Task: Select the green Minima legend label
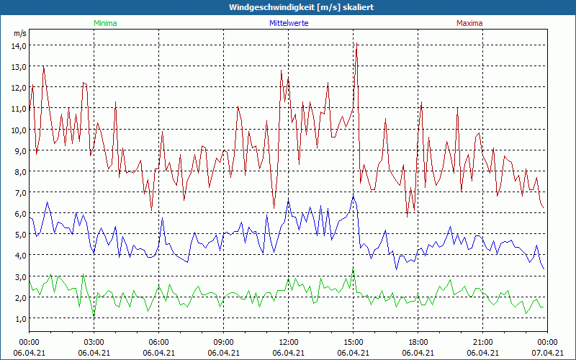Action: pyautogui.click(x=104, y=23)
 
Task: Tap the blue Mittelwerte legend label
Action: pyautogui.click(x=289, y=23)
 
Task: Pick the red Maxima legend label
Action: pyautogui.click(x=469, y=23)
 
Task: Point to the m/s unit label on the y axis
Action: pyautogui.click(x=19, y=33)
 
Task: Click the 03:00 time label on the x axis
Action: pyautogui.click(x=94, y=342)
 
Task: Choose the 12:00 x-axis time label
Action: pyautogui.click(x=288, y=342)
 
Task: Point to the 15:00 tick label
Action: pyautogui.click(x=353, y=342)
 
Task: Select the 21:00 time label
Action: pyautogui.click(x=482, y=342)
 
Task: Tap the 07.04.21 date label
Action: pyautogui.click(x=548, y=353)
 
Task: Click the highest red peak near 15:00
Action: pyautogui.click(x=356, y=45)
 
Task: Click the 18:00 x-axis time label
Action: pyautogui.click(x=418, y=342)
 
